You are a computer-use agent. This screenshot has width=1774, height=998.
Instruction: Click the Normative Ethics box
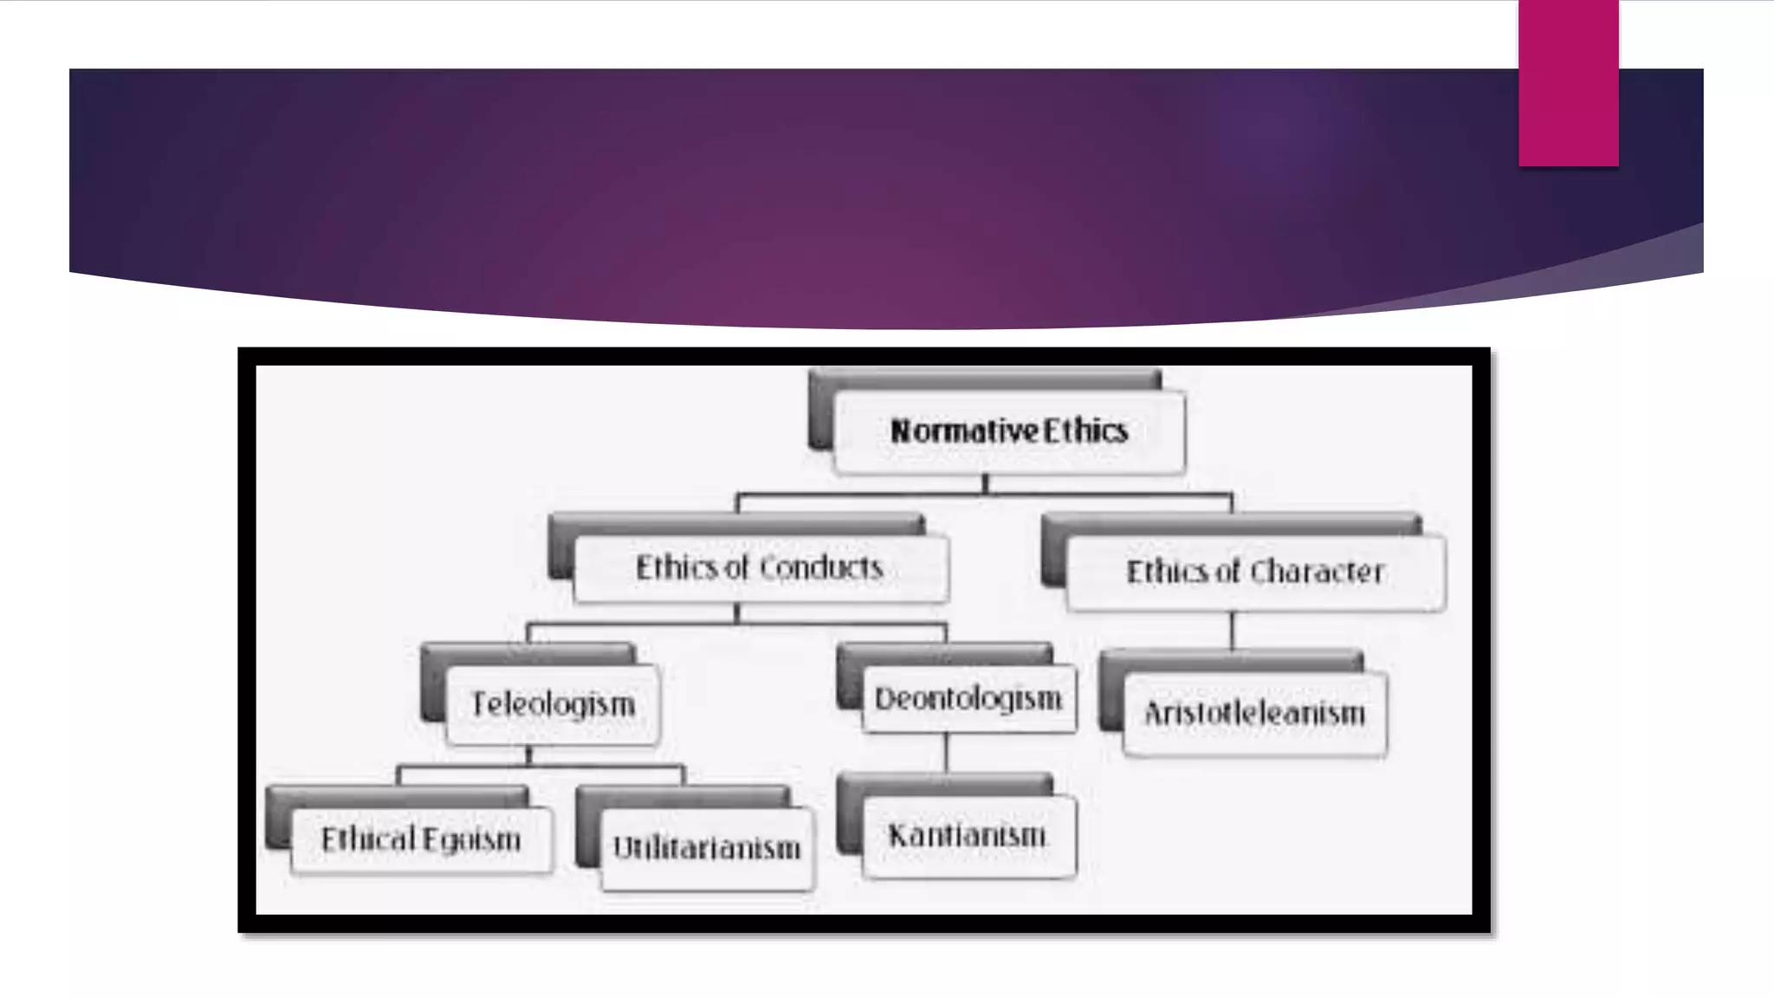pos(1008,431)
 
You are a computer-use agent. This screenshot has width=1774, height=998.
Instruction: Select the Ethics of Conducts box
pos(760,568)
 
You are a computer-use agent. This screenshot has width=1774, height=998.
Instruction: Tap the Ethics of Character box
pos(1255,573)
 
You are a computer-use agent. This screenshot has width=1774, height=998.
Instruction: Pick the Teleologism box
pos(553,704)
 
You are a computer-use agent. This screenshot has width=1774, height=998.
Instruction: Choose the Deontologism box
pos(968,699)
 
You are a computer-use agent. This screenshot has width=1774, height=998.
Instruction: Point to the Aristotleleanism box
pos(1254,714)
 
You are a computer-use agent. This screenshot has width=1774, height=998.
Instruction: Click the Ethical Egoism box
pos(421,839)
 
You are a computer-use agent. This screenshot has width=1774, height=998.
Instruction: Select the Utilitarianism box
pos(707,848)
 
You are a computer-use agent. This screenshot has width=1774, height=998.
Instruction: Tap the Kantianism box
pos(968,836)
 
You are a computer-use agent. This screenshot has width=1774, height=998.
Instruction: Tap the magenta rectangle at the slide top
pos(1568,82)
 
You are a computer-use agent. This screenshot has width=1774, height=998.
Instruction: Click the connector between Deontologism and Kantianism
pos(946,752)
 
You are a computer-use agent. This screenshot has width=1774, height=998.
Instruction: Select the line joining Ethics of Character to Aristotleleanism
pos(1232,630)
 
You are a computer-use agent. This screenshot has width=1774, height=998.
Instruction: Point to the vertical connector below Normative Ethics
pos(985,484)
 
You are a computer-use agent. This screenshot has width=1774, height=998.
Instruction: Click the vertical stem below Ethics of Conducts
pos(737,613)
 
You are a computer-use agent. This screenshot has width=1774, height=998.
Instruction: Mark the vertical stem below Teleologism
pos(528,755)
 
